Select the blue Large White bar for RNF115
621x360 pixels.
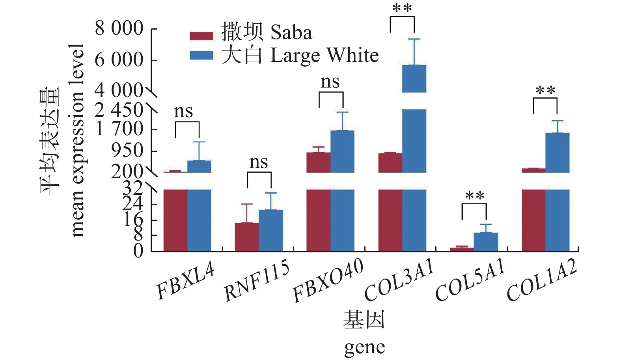tap(271, 230)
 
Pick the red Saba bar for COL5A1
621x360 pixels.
tap(462, 249)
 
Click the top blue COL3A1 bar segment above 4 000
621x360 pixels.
tap(414, 78)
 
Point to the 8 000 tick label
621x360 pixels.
tap(119, 28)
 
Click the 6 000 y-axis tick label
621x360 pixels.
tap(119, 60)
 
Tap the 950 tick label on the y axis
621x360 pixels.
tap(127, 150)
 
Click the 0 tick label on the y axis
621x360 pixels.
tap(138, 251)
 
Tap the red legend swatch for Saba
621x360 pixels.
tap(201, 36)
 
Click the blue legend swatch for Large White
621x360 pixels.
tap(201, 56)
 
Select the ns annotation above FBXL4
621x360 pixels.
tap(183, 112)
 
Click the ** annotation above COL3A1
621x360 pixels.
tap(402, 8)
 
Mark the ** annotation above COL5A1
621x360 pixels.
tap(474, 196)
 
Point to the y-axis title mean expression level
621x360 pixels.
tap(77, 140)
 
